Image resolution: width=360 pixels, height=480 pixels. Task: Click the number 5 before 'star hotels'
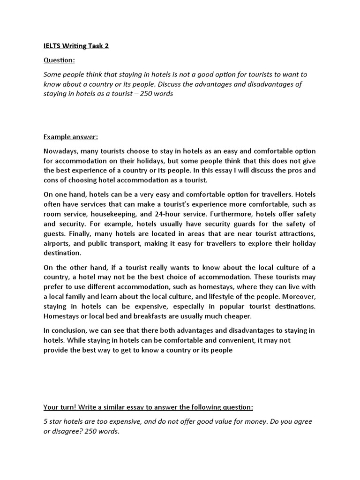tap(46, 421)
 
